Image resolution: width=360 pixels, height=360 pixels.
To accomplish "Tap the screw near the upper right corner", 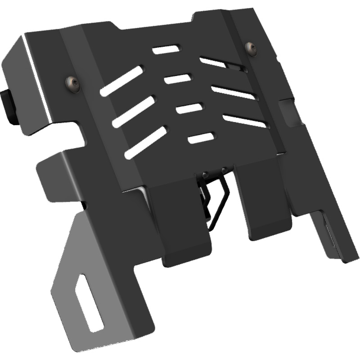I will click(x=251, y=49).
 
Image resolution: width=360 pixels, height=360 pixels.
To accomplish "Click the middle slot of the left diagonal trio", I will click(x=134, y=111).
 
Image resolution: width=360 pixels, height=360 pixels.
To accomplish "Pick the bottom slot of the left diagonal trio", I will click(x=145, y=142).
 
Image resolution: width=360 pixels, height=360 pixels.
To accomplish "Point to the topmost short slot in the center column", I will click(x=166, y=49).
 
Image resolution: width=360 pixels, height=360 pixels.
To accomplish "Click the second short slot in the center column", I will click(x=178, y=78).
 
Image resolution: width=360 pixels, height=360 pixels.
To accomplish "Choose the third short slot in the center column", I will click(x=189, y=108).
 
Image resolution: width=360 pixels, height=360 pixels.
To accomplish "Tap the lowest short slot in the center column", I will click(x=200, y=138).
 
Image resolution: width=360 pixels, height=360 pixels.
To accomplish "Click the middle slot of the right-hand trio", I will click(x=234, y=92).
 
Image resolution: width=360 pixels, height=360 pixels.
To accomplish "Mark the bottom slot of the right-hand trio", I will click(x=245, y=121).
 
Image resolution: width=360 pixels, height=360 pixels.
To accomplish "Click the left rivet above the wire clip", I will click(x=205, y=173).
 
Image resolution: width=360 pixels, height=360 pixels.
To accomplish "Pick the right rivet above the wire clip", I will click(x=224, y=170).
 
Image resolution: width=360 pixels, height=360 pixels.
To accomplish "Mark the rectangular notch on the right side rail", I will click(x=288, y=110).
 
